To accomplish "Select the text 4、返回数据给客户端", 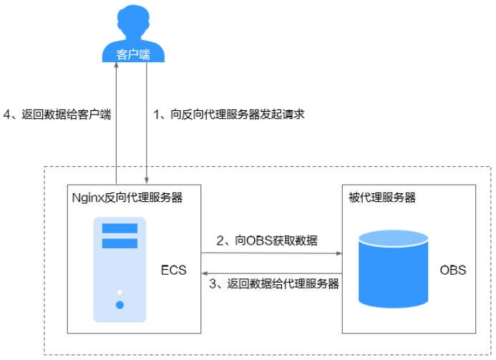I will pyautogui.click(x=58, y=114).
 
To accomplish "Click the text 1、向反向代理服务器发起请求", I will pyautogui.click(x=230, y=114).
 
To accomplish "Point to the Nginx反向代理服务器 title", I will pyautogui.click(x=127, y=198).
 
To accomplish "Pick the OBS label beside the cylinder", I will pyautogui.click(x=453, y=270).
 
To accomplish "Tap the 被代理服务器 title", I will pyautogui.click(x=378, y=198).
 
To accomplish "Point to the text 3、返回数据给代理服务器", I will pyautogui.click(x=273, y=284).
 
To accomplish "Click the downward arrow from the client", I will pyautogui.click(x=147, y=122).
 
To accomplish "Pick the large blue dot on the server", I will pyautogui.click(x=120, y=305).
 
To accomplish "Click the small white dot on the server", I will pyautogui.click(x=120, y=292).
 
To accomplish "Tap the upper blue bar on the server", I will pyautogui.click(x=120, y=228).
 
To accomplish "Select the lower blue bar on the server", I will pyautogui.click(x=120, y=243).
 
